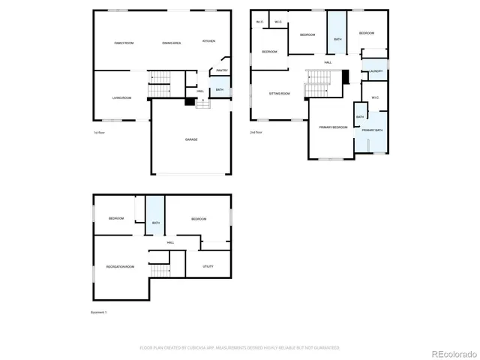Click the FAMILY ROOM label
[124, 43]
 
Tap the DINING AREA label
[172, 43]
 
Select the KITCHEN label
[209, 40]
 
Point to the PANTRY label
[222, 70]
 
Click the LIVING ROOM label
[122, 98]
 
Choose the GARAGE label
[191, 139]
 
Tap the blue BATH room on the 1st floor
[220, 90]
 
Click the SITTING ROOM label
[280, 94]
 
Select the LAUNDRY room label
[376, 71]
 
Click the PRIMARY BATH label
[373, 131]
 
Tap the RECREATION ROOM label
[120, 266]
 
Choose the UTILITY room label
[208, 266]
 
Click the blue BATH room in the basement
[155, 223]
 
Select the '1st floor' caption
[99, 132]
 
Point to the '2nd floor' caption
[256, 132]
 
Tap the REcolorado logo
[450, 352]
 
